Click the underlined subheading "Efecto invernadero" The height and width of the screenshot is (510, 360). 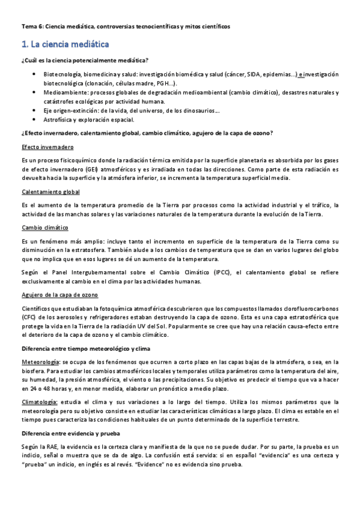point(47,147)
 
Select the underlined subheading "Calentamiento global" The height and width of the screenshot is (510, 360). point(50,192)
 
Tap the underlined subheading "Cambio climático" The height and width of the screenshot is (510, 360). point(44,228)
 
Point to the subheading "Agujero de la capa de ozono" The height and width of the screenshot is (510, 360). point(59,295)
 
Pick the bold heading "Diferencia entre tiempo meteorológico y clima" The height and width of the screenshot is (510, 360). point(87,349)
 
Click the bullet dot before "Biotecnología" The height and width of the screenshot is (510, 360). point(34,74)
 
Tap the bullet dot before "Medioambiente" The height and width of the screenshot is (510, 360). point(34,93)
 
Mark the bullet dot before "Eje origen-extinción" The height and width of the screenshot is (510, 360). point(34,111)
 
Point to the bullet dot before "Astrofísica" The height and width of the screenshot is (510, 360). point(34,120)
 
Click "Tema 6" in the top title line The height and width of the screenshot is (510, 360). point(31,26)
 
